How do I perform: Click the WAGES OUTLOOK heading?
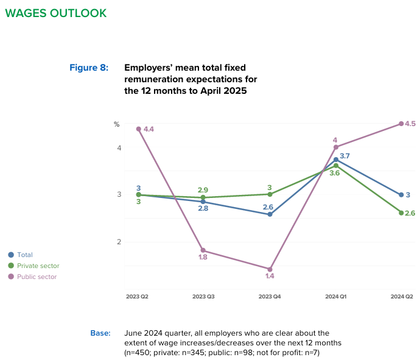(55, 13)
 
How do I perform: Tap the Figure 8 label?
(89, 68)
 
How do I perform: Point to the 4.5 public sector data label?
(410, 124)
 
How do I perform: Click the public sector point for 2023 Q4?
(270, 269)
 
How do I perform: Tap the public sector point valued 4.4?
(138, 129)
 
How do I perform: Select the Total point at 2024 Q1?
(335, 160)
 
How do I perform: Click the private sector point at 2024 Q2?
(401, 213)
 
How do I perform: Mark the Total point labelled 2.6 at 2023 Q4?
(270, 214)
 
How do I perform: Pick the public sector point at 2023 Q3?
(204, 250)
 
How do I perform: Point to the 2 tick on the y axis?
(119, 242)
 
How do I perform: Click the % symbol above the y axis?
(117, 124)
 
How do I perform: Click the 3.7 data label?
(345, 157)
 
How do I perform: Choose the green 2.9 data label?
(203, 190)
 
